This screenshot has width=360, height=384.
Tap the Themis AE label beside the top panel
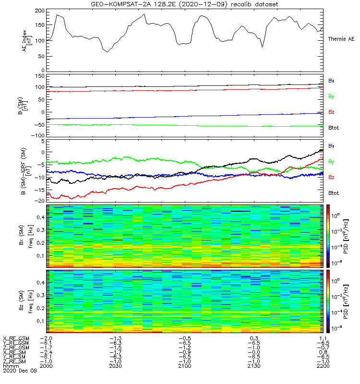pyautogui.click(x=341, y=38)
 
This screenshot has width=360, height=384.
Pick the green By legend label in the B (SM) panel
pyautogui.click(x=331, y=96)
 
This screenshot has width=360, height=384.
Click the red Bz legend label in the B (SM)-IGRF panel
pyautogui.click(x=331, y=177)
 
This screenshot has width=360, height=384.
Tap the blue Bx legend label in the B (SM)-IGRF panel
pyautogui.click(x=331, y=145)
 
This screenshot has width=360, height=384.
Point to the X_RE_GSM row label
pyautogui.click(x=16, y=338)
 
